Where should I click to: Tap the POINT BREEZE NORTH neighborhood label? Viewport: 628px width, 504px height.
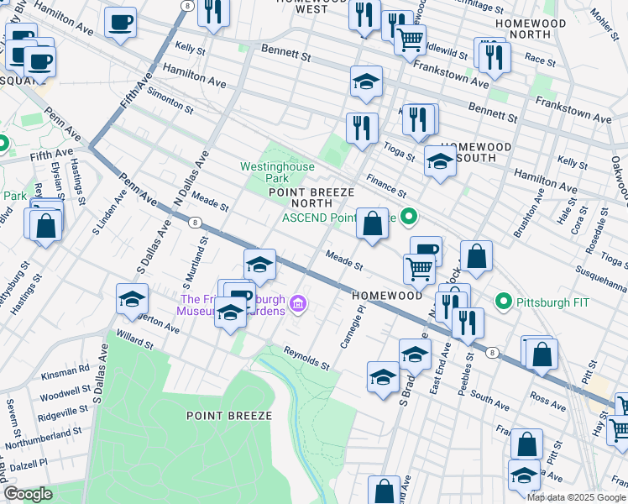[306, 197]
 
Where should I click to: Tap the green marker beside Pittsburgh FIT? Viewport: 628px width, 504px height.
[504, 301]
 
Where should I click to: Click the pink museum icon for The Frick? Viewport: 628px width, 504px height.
[297, 303]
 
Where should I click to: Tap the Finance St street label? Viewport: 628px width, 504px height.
[385, 186]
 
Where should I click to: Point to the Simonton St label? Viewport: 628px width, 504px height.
[170, 99]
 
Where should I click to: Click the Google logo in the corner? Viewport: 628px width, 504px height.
[28, 494]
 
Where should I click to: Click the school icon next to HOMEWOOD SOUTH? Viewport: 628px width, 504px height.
[440, 162]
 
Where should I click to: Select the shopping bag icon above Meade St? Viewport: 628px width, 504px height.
[372, 224]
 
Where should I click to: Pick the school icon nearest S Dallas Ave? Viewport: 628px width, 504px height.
[131, 300]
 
